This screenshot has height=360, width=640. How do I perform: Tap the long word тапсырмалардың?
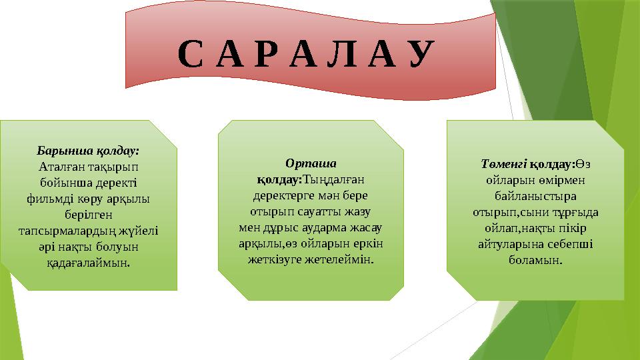coord(68,230)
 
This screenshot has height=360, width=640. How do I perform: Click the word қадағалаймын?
coord(89,262)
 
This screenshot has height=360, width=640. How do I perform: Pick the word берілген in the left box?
coord(89,214)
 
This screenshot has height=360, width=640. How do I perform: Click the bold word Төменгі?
coord(503,163)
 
